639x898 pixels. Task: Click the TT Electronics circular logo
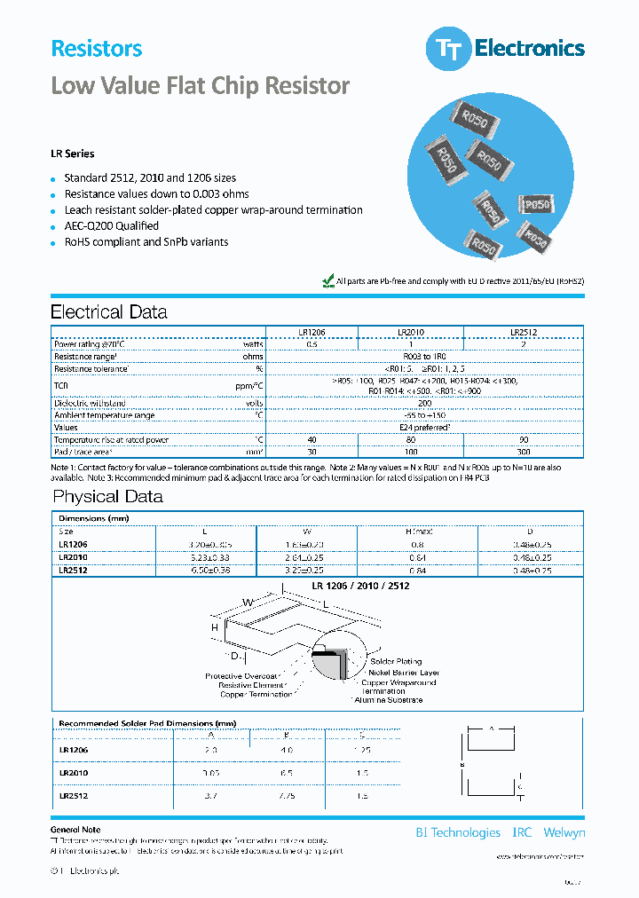pos(447,50)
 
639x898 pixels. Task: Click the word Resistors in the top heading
pos(96,49)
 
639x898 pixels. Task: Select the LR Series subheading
pos(72,154)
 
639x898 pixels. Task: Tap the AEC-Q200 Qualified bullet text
pos(111,226)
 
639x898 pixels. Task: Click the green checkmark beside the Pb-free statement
pos(327,280)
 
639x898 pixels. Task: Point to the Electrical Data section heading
pos(108,312)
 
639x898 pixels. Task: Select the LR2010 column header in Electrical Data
pos(410,332)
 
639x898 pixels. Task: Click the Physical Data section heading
pos(107,497)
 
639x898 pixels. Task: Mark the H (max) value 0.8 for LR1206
pos(417,544)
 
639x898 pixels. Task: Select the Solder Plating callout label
pos(395,662)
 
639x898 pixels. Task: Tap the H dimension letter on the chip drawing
pos(215,627)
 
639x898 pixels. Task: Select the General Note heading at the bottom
pos(76,830)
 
